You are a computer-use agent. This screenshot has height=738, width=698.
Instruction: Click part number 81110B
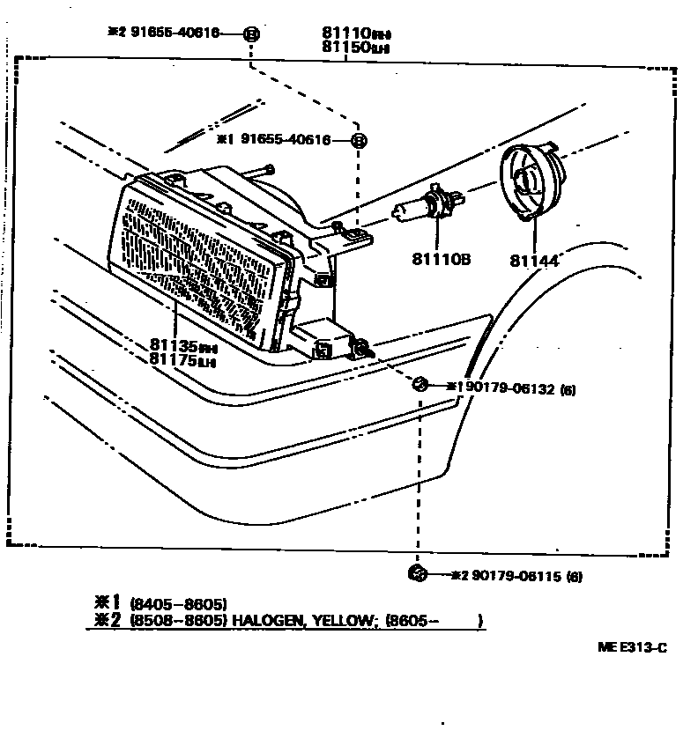(441, 259)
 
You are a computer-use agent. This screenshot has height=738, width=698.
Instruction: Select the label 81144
(534, 261)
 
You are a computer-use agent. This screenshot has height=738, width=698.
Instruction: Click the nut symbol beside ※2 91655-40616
(250, 34)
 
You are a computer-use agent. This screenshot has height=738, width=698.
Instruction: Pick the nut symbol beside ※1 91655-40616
(359, 140)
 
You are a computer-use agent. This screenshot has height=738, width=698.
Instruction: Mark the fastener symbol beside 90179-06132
(420, 384)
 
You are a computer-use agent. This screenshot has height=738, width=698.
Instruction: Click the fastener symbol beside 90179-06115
(419, 574)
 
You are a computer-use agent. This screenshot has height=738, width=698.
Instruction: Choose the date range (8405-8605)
(178, 604)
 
